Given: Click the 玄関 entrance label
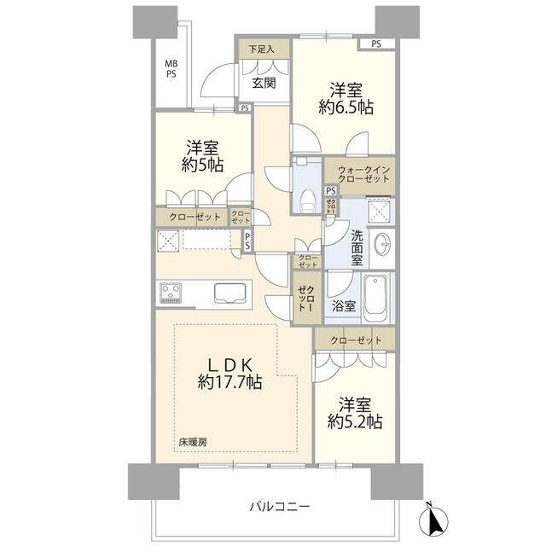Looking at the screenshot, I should (x=264, y=83).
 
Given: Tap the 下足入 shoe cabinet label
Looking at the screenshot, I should (x=262, y=49).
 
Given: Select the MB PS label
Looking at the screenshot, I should (x=171, y=68).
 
